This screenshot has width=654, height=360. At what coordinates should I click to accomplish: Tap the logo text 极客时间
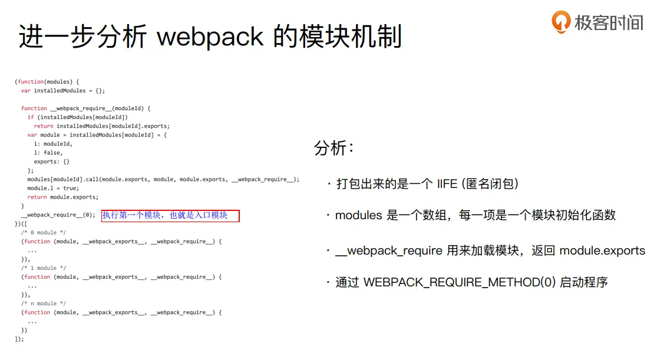[x=609, y=22]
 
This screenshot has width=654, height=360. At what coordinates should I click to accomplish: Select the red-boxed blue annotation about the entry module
[x=170, y=216]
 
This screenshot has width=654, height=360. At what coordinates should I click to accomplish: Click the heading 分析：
[x=335, y=148]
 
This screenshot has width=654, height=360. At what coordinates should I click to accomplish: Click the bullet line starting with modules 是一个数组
[x=475, y=216]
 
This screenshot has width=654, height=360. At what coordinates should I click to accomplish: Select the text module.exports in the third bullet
[x=602, y=251]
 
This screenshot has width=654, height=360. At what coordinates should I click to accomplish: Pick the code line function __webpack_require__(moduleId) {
[x=86, y=108]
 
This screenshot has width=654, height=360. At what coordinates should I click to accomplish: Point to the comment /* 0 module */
[x=44, y=233]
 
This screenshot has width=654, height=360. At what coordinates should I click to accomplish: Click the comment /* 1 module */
[x=44, y=268]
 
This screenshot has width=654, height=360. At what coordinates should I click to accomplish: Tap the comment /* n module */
[x=44, y=303]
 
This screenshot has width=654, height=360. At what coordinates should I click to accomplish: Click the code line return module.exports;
[x=62, y=197]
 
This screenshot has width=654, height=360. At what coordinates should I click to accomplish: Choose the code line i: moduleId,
[x=53, y=144]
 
